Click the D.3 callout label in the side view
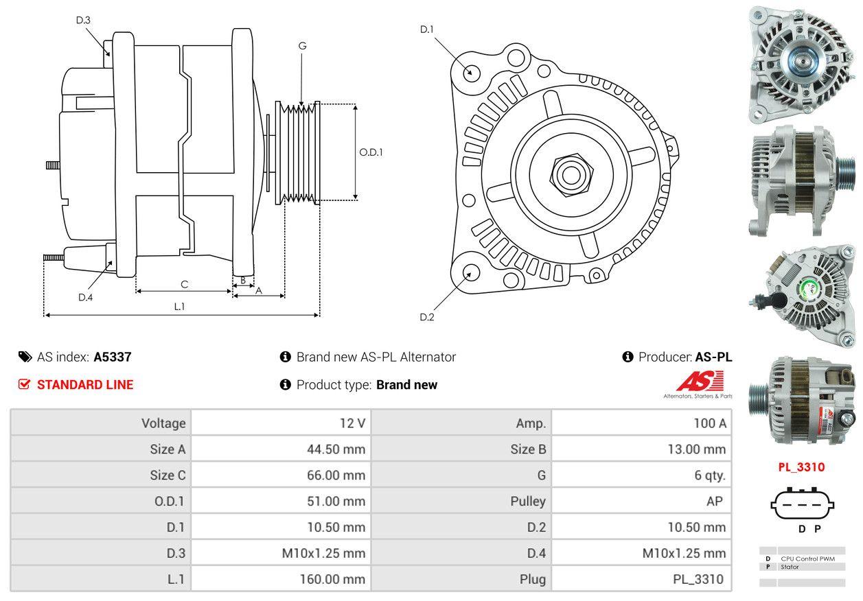tap(83, 20)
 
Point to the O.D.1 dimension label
tap(371, 152)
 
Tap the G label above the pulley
tap(302, 46)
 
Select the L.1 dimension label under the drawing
tap(179, 306)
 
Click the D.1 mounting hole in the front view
tap(471, 71)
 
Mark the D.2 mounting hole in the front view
tap(470, 272)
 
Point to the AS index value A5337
tap(113, 357)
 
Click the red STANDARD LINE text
tap(85, 385)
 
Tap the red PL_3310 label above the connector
tap(801, 467)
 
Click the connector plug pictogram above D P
tap(801, 505)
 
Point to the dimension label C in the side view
tap(184, 284)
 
